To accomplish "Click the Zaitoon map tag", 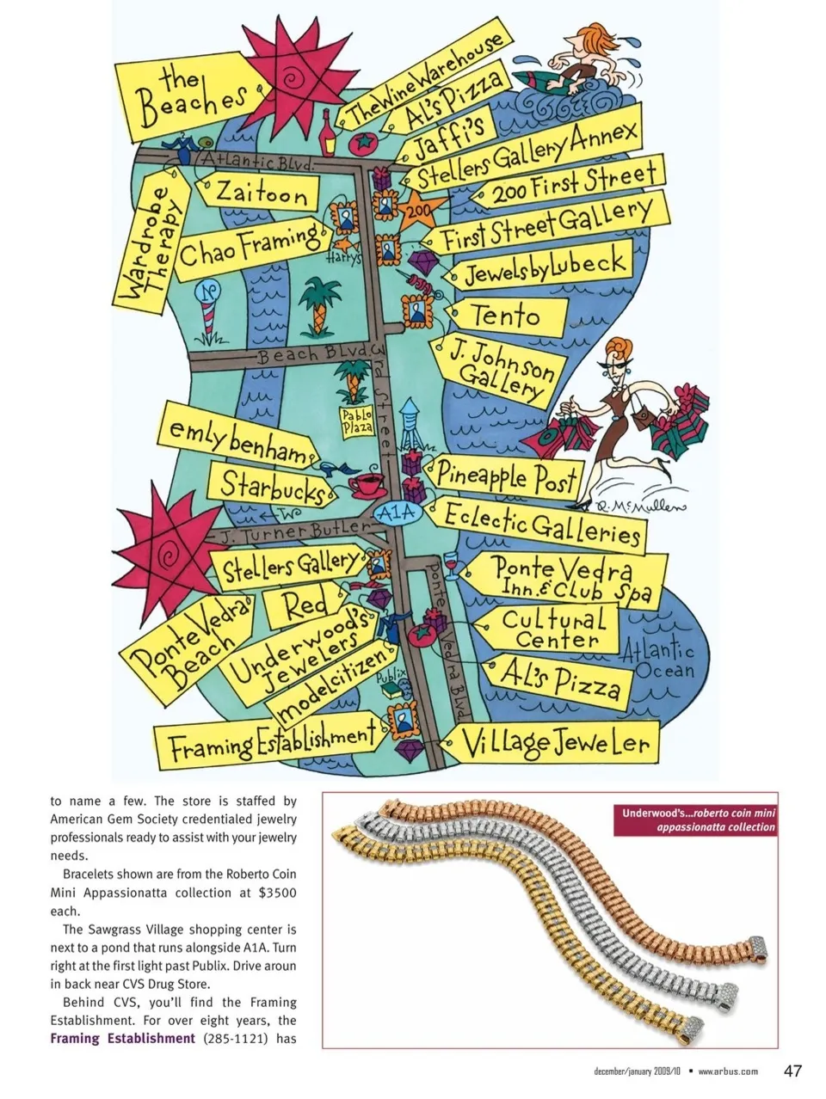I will (x=259, y=193).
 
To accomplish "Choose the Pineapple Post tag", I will (x=504, y=475).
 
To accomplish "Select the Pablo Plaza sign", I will (x=355, y=421).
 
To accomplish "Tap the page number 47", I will (x=792, y=1071).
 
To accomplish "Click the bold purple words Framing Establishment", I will (x=123, y=1038).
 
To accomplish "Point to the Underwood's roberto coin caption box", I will (x=695, y=820).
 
